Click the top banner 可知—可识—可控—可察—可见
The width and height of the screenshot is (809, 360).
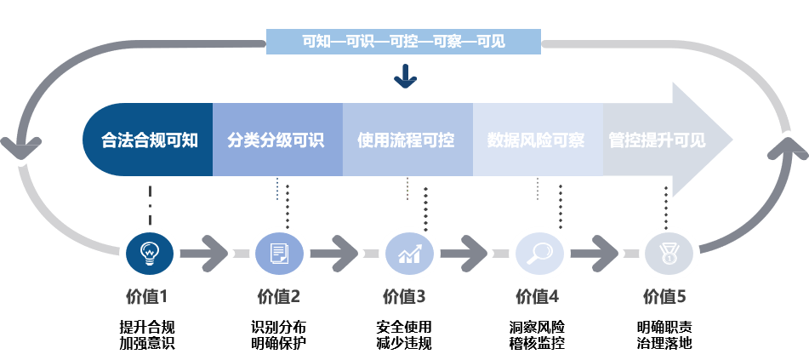point(403,41)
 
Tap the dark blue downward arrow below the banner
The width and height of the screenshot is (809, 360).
point(405,77)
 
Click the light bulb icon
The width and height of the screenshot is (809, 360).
point(150,253)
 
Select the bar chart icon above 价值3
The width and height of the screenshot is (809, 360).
point(410,253)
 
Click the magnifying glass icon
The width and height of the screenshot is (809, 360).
point(540,253)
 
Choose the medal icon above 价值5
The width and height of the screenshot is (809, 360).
point(669,253)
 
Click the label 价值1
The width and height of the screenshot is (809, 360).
point(146,297)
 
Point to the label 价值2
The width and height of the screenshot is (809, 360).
point(278,297)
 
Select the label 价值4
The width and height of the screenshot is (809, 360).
point(537,297)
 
